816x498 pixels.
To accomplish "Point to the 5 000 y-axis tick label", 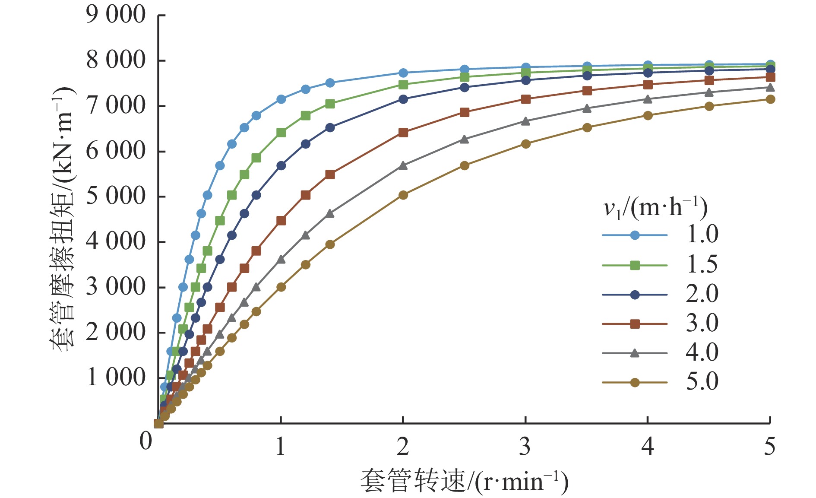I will coord(116,196).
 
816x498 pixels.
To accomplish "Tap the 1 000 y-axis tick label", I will coord(116,377).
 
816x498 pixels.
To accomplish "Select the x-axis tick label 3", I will coord(525,447).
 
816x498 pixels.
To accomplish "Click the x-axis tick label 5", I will coord(770,447).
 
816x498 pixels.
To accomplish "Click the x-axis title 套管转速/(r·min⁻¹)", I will coord(464,481).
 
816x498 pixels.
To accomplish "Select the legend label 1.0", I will coord(702,235).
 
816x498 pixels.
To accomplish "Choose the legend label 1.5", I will coord(702,265).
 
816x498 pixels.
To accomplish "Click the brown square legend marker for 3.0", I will coord(635,324).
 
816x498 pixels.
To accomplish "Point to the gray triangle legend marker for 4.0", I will coord(635,353).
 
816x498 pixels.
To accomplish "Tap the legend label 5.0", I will coord(702,382).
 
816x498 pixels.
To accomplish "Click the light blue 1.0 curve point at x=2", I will coord(403,73).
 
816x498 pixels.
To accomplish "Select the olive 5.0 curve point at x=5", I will coord(770,99).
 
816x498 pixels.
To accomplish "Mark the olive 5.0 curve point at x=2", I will coord(403,195).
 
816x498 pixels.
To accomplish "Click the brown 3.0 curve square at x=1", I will coord(281,221).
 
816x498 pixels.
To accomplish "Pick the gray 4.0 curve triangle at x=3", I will coord(525,121).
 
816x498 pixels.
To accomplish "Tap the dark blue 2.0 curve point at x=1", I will coord(281,165).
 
